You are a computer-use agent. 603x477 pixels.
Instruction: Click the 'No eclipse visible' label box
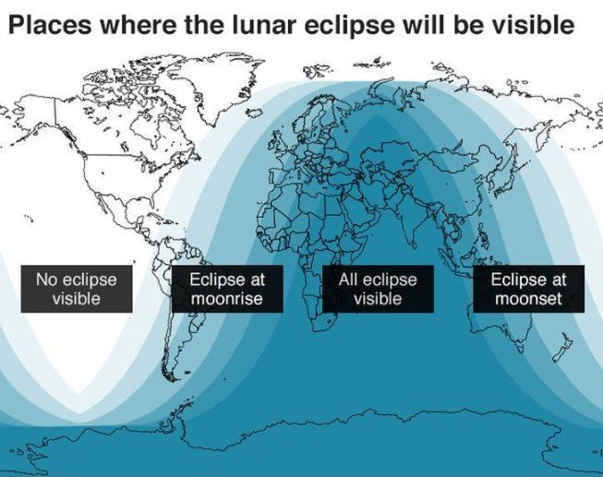click(77, 289)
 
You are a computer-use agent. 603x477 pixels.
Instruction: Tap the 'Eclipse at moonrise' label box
click(227, 289)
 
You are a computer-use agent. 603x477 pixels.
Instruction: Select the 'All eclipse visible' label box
click(378, 289)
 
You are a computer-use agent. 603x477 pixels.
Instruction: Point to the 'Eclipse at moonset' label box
click(529, 289)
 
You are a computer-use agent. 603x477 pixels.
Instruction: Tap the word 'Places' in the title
click(50, 25)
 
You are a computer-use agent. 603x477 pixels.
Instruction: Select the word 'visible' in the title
click(534, 25)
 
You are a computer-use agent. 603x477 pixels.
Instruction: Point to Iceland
click(255, 113)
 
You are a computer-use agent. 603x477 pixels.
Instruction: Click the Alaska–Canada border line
click(54, 113)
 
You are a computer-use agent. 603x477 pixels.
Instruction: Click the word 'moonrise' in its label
click(227, 299)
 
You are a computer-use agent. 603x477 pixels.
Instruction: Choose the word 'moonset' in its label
click(528, 299)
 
